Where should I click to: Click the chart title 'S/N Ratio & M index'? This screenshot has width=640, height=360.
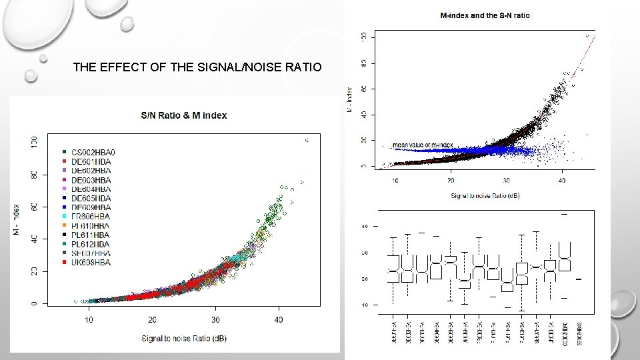coord(183,115)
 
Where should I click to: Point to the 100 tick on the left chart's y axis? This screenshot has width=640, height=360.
coord(34,141)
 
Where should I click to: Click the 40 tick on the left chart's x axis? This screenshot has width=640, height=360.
coord(279,320)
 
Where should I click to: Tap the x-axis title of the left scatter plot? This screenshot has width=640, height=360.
coord(183,339)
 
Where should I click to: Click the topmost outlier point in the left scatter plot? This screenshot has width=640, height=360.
coord(307,140)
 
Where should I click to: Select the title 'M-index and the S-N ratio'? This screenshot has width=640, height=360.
coord(485,15)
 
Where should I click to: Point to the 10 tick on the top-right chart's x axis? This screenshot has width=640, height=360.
coord(395,181)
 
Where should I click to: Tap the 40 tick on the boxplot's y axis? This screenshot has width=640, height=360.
coord(365,227)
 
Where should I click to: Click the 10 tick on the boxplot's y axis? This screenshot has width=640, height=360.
coord(365,305)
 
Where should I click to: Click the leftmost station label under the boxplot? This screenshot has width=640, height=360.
coord(393,332)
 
